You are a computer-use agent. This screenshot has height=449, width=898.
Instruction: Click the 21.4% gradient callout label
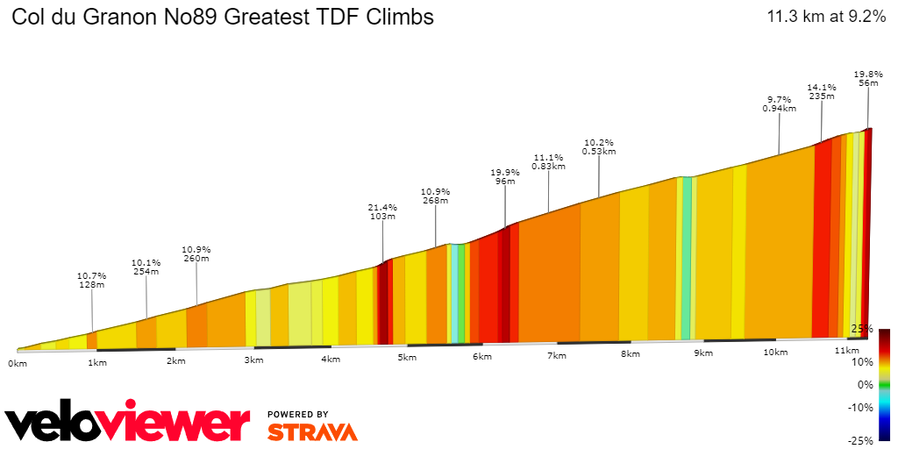click(x=382, y=212)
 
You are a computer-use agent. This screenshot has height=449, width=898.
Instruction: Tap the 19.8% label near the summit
click(x=868, y=78)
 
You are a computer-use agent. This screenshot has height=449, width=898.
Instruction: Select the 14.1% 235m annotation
click(x=821, y=92)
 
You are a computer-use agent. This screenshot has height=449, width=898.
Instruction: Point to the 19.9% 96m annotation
click(x=505, y=177)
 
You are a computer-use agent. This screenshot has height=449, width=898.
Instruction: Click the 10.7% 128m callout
click(x=92, y=280)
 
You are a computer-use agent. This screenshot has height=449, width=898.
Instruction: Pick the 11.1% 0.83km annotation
click(x=548, y=162)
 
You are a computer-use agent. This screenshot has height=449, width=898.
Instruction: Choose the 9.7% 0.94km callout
click(x=779, y=104)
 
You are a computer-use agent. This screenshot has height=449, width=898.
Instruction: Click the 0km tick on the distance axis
click(x=17, y=362)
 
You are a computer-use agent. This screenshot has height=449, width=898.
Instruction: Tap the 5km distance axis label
click(x=406, y=359)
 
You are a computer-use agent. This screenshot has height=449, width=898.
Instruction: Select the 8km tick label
click(x=629, y=355)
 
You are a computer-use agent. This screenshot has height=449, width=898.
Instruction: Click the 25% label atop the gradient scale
click(x=863, y=328)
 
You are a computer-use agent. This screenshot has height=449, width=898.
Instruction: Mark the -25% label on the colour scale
click(x=861, y=440)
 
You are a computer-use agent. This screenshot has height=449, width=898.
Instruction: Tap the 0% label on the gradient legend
click(x=866, y=384)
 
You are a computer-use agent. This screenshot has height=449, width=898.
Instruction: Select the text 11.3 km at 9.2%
click(x=826, y=17)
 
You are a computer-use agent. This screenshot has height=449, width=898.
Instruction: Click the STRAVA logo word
click(x=312, y=432)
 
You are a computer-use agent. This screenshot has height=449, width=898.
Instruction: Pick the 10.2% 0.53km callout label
click(x=599, y=146)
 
